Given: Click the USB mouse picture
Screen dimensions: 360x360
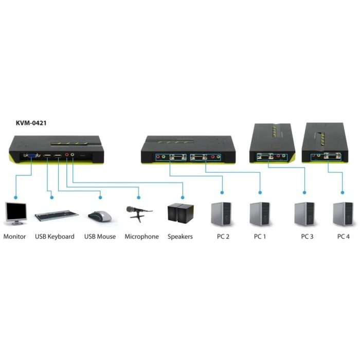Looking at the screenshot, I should coord(100,216).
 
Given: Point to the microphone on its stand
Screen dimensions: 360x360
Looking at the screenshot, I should coord(138,212).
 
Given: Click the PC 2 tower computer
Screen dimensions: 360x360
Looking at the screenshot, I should coord(222,214).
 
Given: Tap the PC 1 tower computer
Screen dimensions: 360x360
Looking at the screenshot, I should coord(260,214).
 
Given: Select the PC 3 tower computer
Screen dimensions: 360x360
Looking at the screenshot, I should coord(304,214).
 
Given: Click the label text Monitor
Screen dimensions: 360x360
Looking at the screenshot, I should coord(15,237).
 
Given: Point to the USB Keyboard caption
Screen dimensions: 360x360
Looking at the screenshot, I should coord(55,237).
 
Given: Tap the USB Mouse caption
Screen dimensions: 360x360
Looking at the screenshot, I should coord(100,237).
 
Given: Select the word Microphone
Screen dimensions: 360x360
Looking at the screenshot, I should coord(142,237).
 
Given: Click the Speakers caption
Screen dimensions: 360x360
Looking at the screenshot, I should coord(180,237).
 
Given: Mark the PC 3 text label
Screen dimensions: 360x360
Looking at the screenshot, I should coord(308,237).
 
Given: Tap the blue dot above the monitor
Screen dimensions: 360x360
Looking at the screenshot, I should coord(16,197).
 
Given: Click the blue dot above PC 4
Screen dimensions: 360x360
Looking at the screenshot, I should coord(343,193).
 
